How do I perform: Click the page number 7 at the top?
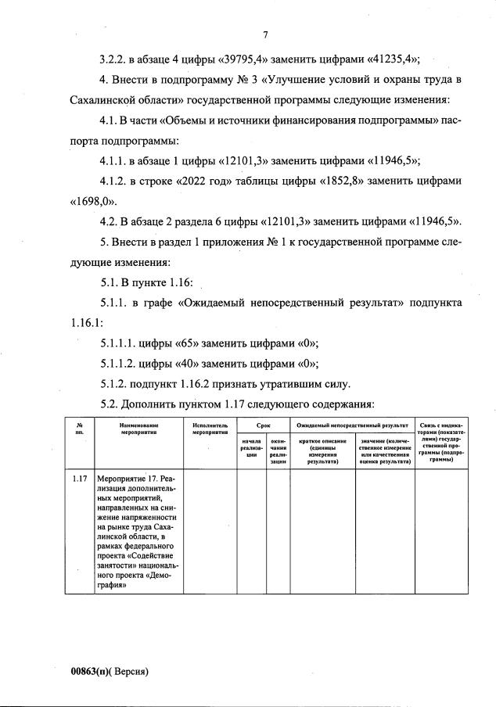[265, 34]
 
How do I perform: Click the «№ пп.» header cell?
[78, 428]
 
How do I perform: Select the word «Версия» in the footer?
[131, 671]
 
